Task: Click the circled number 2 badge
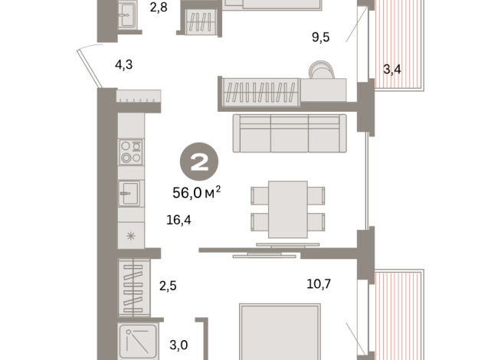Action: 199,162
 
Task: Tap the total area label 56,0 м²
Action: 197,192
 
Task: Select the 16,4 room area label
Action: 178,220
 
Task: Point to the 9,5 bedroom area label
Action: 320,37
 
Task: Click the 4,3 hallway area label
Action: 123,64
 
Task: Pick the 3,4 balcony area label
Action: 392,69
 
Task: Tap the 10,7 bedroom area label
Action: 319,283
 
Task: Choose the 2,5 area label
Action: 168,286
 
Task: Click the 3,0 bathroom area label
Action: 178,345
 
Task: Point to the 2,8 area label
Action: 159,7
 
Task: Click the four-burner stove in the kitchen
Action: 131,152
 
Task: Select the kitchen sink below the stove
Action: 129,193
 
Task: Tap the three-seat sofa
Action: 290,133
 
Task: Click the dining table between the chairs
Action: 287,209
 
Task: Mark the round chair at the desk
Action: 322,70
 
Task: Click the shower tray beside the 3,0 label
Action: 138,342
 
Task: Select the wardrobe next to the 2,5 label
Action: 134,287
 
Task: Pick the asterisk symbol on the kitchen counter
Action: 131,236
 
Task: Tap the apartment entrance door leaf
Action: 90,68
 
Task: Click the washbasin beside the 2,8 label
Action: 127,15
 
